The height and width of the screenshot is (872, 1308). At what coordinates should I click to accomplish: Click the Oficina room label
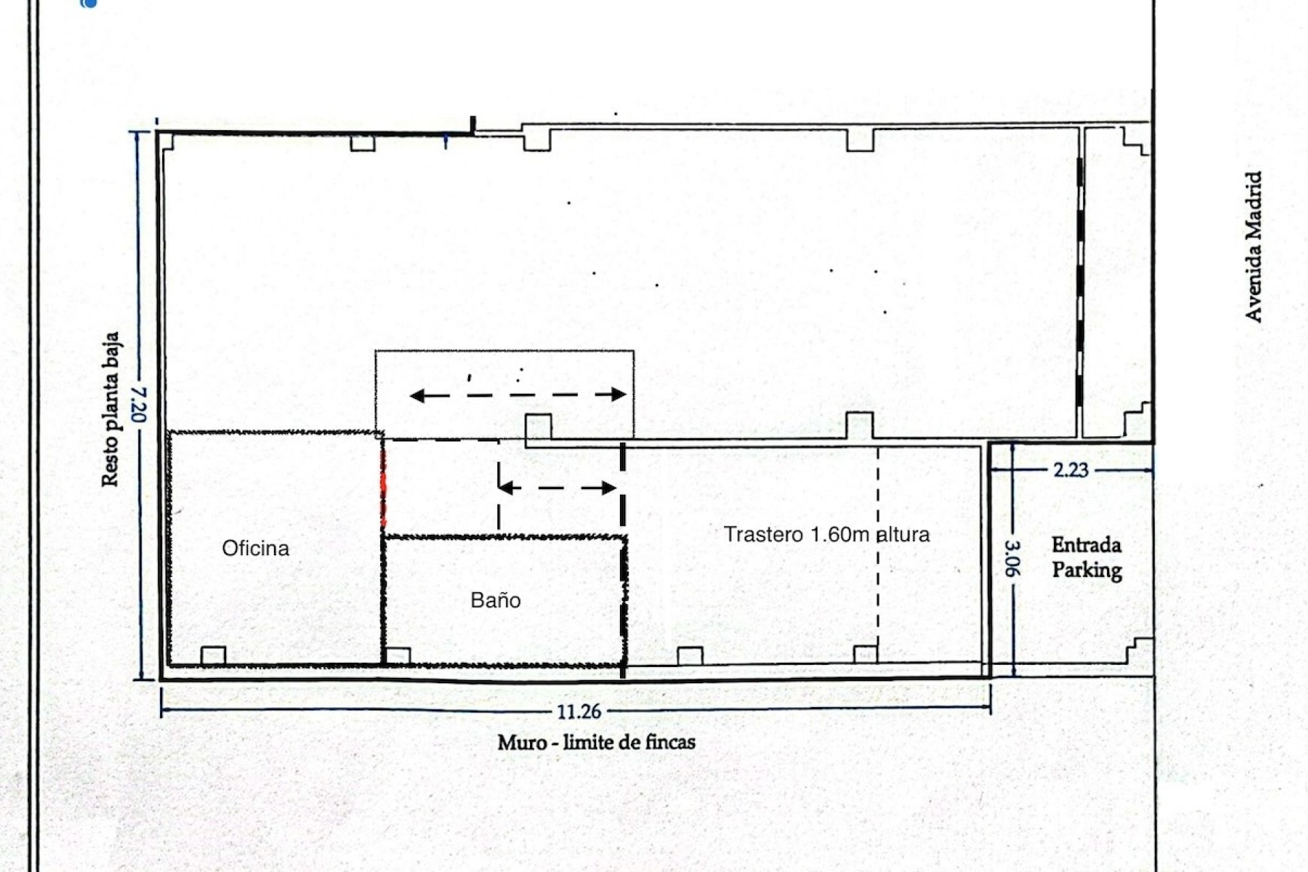[255, 548]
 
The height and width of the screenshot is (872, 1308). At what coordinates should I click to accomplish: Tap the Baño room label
[495, 600]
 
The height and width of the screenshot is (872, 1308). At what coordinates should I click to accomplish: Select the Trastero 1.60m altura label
[826, 534]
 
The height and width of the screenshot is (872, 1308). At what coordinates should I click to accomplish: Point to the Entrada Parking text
[1087, 557]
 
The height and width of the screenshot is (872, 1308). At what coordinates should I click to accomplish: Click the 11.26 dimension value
[579, 712]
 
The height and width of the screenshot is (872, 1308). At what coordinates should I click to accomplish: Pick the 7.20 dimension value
[139, 405]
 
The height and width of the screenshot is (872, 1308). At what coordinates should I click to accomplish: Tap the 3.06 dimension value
[1013, 559]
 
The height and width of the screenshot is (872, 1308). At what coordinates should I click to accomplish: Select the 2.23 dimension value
[1071, 470]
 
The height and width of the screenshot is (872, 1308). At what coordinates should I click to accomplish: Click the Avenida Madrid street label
[1253, 247]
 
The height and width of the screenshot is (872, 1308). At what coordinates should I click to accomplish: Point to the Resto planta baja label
[110, 409]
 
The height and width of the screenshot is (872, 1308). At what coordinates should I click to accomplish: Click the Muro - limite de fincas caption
[596, 742]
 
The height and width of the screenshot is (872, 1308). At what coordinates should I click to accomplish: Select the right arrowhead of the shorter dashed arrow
[609, 488]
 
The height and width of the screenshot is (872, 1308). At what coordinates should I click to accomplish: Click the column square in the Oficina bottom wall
[213, 655]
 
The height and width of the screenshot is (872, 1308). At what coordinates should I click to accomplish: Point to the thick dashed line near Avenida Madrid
[1080, 286]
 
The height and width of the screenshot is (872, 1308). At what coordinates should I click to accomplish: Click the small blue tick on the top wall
[446, 142]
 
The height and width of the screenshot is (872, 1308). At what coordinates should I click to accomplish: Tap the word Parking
[1087, 570]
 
